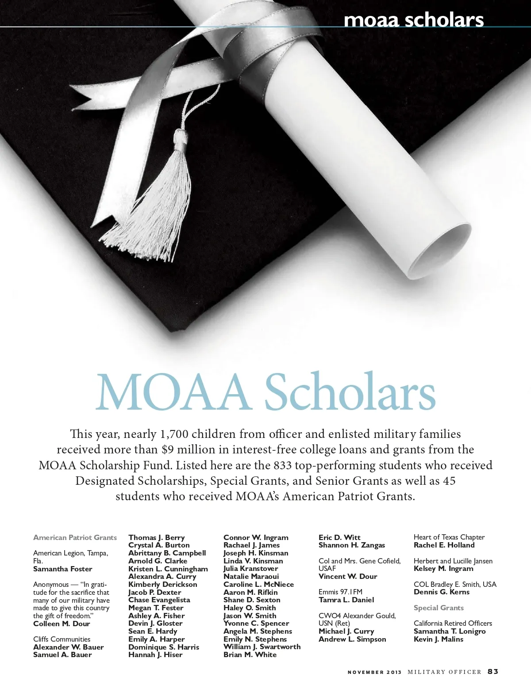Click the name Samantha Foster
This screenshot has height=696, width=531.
[62, 569]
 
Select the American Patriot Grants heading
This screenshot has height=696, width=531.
[75, 537]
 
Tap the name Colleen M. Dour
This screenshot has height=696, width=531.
[62, 624]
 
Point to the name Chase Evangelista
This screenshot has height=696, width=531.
[159, 600]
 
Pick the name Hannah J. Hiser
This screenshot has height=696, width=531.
[155, 654]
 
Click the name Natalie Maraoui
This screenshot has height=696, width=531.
[251, 576]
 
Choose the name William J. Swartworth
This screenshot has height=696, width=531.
[262, 647]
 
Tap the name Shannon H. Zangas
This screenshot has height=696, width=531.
[351, 545]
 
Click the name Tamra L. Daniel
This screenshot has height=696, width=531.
[346, 600]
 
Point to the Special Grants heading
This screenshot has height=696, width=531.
[439, 608]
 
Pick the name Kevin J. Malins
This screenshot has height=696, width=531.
[438, 639]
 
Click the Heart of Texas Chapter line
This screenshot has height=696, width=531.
[449, 537]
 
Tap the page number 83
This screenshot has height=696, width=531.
[493, 671]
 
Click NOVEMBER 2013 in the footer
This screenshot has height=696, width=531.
[374, 672]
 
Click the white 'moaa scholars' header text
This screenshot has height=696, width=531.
[413, 20]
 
